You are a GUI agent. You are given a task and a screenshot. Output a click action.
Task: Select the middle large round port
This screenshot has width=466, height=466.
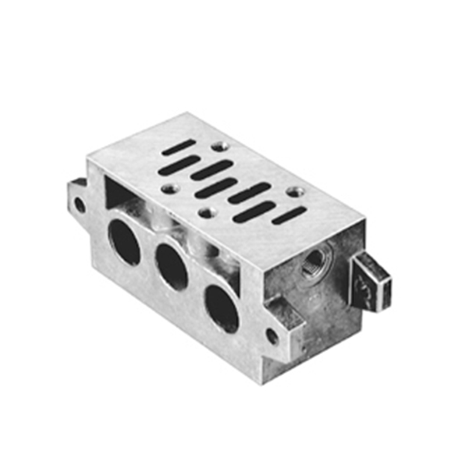171,267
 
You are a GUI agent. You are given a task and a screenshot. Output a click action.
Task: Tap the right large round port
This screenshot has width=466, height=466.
222,308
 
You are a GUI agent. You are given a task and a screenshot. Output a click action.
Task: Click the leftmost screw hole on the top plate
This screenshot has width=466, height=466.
170,189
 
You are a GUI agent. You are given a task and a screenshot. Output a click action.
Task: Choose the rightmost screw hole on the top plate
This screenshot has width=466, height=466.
294,191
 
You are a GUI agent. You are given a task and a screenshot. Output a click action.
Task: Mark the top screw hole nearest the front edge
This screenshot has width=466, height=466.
206,213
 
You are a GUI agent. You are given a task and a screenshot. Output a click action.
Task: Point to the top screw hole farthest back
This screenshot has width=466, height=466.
218,146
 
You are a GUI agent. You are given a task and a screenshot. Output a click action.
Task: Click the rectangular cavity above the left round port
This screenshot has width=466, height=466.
119,192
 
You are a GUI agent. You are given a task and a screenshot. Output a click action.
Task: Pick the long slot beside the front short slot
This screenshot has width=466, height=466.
255,212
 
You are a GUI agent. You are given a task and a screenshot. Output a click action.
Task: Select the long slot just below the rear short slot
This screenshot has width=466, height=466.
180,164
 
